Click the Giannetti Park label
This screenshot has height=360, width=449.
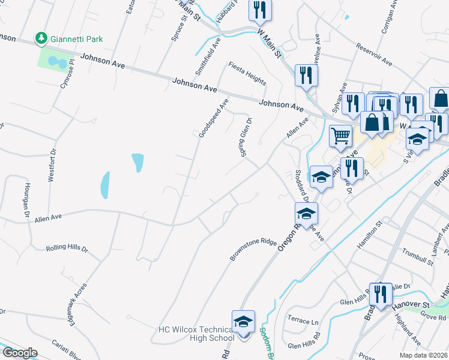(76, 39)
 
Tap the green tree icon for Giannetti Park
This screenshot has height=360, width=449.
(41, 39)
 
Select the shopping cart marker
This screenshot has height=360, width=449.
(340, 136)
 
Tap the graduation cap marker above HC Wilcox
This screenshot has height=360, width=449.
(243, 321)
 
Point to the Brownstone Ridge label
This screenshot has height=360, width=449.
(253, 250)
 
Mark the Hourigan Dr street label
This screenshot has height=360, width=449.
(27, 200)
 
